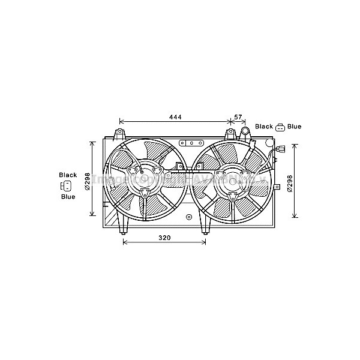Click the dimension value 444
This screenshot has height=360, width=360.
click(x=175, y=116)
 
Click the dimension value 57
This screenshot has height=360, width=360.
click(x=238, y=116)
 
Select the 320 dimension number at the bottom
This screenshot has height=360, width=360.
click(x=164, y=238)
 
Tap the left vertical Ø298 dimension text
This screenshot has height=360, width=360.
click(x=87, y=181)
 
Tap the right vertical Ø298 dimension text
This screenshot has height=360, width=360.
click(x=289, y=182)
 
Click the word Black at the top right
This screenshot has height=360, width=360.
click(x=264, y=127)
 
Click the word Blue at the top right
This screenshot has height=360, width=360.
click(x=294, y=127)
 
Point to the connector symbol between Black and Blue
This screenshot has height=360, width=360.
click(x=280, y=127)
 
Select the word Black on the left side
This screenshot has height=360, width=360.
click(x=68, y=175)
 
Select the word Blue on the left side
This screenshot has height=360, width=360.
click(x=68, y=196)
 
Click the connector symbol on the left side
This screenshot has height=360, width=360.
click(x=67, y=185)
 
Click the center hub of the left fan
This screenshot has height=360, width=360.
click(x=145, y=178)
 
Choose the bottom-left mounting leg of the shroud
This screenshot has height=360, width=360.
click(x=124, y=226)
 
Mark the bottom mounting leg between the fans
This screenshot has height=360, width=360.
click(x=205, y=226)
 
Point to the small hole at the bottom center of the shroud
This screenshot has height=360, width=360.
click(x=188, y=217)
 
